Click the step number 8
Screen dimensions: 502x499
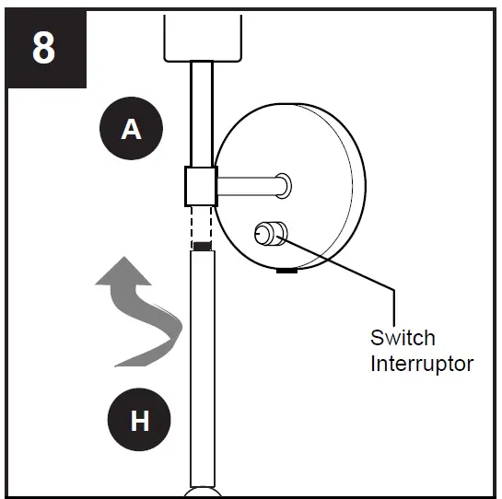[x=43, y=49]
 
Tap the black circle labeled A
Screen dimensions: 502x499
[x=132, y=128]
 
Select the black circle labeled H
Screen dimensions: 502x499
[x=139, y=419]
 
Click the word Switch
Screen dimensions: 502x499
[x=403, y=338]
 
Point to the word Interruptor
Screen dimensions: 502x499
[x=422, y=364]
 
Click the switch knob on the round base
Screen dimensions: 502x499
[x=271, y=234]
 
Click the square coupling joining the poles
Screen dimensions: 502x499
[x=202, y=186]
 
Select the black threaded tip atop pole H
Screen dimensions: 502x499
[x=203, y=246]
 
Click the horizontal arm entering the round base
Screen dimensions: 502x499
[x=250, y=186]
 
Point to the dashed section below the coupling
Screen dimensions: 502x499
[x=202, y=224]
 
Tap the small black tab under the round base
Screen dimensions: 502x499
[x=286, y=271]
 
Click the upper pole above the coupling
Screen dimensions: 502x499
[x=202, y=113]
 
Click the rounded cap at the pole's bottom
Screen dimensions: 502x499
[x=203, y=493]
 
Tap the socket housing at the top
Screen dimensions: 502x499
[x=203, y=38]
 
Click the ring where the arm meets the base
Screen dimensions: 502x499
[x=284, y=186]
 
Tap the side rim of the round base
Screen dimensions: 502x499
[x=359, y=186]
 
